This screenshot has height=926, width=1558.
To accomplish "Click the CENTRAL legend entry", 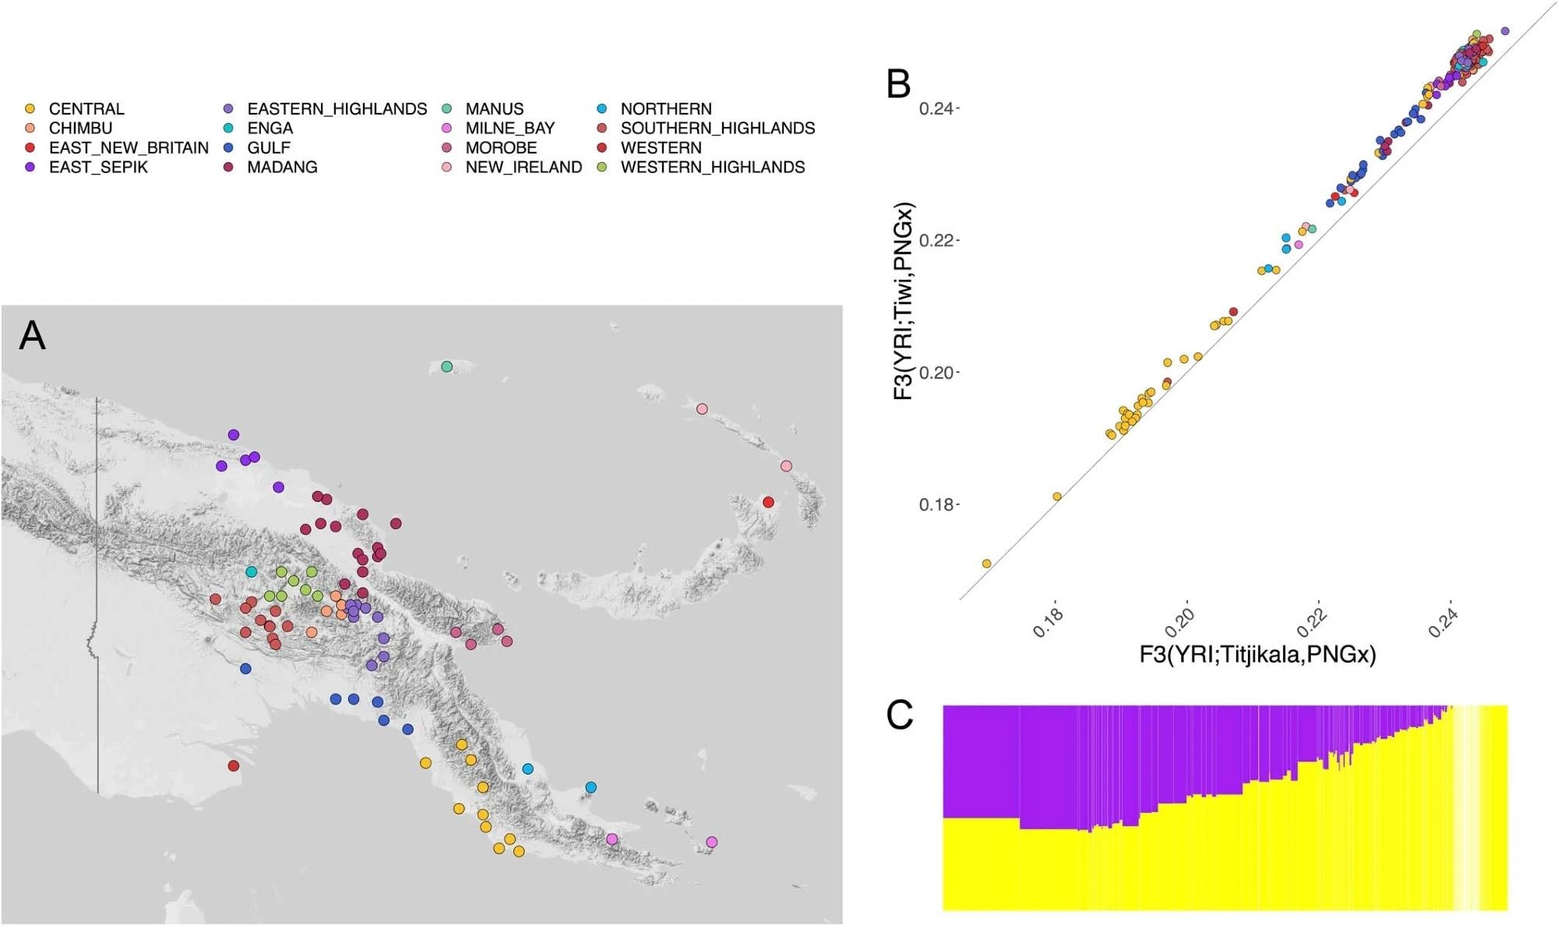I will (86, 109).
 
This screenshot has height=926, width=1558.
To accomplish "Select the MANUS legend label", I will (494, 109).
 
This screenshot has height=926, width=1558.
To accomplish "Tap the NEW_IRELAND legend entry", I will (523, 168).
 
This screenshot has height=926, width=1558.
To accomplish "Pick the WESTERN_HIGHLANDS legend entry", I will (712, 168).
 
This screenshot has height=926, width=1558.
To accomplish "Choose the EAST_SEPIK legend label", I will (98, 168).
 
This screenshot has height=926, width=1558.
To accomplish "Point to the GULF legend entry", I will (269, 148).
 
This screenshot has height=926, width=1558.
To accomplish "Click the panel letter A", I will (32, 336).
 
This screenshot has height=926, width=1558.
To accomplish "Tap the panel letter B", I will (898, 83).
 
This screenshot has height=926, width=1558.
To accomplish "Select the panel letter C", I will (900, 715).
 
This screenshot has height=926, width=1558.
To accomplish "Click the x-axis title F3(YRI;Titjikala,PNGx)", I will (1257, 655).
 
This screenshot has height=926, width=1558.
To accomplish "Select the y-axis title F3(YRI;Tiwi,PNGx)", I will (903, 302).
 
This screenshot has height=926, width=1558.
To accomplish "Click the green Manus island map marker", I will (446, 366).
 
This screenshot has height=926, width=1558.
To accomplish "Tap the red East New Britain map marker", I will (768, 502).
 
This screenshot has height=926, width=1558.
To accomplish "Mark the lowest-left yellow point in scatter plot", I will (986, 564).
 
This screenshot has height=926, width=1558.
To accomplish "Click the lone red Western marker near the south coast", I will (233, 766).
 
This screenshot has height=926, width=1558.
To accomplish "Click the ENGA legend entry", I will (270, 129).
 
